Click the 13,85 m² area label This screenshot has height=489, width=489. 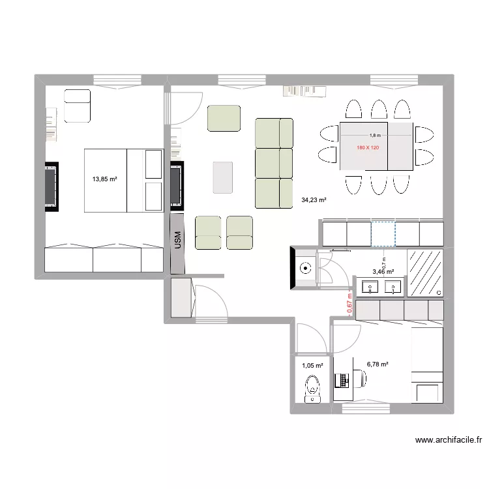click(x=104, y=178)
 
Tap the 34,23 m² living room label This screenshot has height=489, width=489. click(x=313, y=200)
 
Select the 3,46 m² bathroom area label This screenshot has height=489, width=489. click(x=383, y=272)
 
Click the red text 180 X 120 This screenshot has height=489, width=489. click(x=368, y=148)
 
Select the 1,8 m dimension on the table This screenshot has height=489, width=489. click(x=374, y=136)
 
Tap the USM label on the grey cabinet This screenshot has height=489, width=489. click(x=177, y=242)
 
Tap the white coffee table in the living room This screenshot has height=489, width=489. click(x=223, y=177)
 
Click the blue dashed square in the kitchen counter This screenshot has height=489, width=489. click(x=383, y=234)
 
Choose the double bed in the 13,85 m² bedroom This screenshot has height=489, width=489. click(x=123, y=181)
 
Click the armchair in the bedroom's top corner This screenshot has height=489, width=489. click(x=77, y=106)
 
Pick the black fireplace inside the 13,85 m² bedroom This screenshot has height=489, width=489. click(x=52, y=186)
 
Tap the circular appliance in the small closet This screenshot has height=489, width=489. click(x=305, y=267)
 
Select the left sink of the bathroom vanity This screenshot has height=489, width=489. click(x=370, y=287)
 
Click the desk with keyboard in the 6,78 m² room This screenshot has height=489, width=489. click(x=343, y=379)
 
